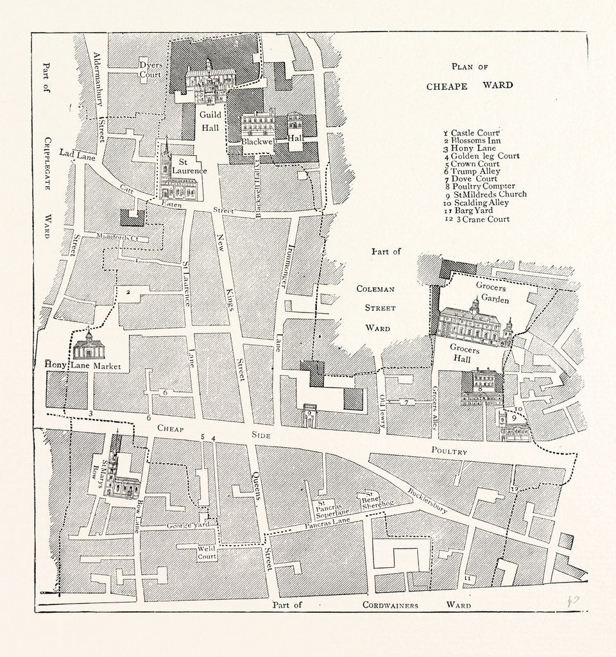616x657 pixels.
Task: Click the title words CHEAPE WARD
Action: click(x=470, y=85)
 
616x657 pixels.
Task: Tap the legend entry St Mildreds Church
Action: click(x=488, y=194)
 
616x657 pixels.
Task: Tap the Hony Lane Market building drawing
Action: click(x=89, y=347)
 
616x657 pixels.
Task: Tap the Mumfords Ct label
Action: click(x=117, y=237)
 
